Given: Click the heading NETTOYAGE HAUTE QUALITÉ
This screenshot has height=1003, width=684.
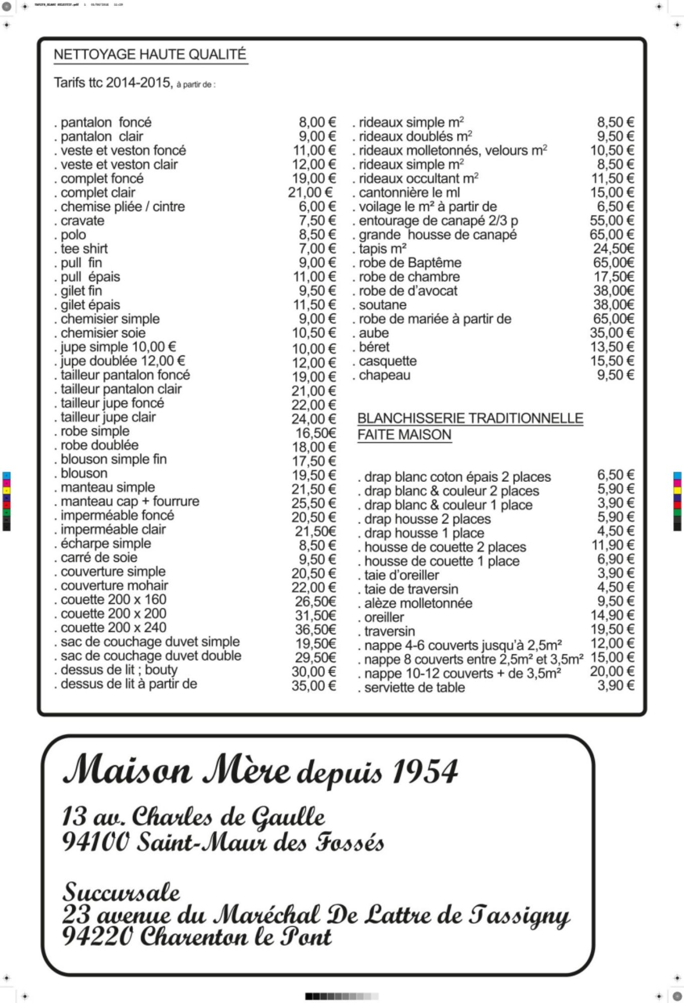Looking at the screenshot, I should (150, 55).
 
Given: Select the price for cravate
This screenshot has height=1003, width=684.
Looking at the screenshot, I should (317, 221).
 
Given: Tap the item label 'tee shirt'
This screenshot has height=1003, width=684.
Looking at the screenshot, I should (84, 249).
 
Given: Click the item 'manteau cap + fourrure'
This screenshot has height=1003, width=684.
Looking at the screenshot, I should (129, 501).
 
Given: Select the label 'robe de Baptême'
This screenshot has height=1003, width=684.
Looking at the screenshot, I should (410, 263).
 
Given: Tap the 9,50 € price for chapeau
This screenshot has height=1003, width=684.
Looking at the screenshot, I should (615, 375).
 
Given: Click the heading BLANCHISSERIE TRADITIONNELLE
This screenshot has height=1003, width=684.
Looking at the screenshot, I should (470, 419).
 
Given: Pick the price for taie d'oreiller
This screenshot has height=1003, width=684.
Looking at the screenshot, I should (615, 573).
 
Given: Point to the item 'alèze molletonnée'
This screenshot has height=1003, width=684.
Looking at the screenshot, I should (418, 603).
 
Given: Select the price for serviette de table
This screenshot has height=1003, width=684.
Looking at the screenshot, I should (615, 686).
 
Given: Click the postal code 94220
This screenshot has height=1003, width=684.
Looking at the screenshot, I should (98, 936).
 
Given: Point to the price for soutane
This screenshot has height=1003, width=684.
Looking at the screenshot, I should (613, 305).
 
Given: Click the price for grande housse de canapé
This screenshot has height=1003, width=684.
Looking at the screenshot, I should (612, 235).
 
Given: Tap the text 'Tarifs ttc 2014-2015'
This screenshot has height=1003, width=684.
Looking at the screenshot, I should (113, 83).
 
